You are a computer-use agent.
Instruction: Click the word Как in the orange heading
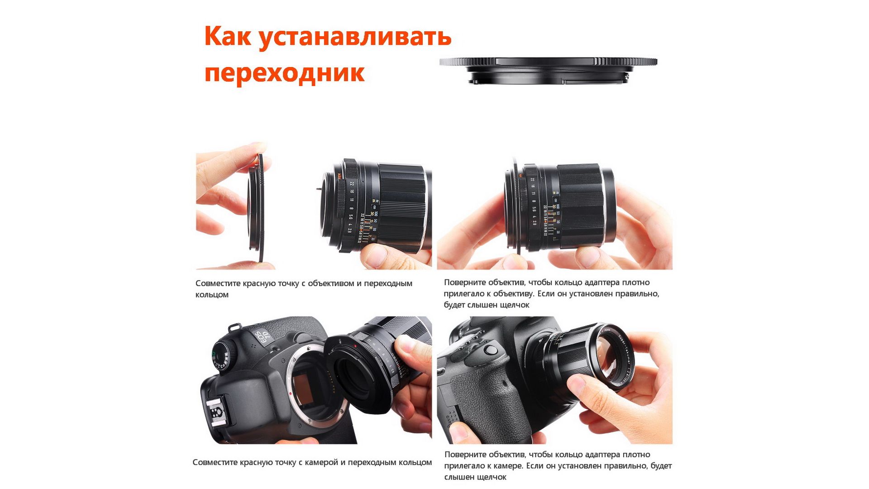point(227,36)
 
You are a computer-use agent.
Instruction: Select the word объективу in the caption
point(513,294)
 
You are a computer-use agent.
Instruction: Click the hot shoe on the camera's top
point(220,413)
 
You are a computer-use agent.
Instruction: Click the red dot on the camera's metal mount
point(291,394)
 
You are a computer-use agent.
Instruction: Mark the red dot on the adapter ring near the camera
point(356,346)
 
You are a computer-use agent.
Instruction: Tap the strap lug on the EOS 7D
point(233,326)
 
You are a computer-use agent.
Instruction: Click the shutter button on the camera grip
point(491,350)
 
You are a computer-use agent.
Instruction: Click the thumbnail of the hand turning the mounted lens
point(555,380)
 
